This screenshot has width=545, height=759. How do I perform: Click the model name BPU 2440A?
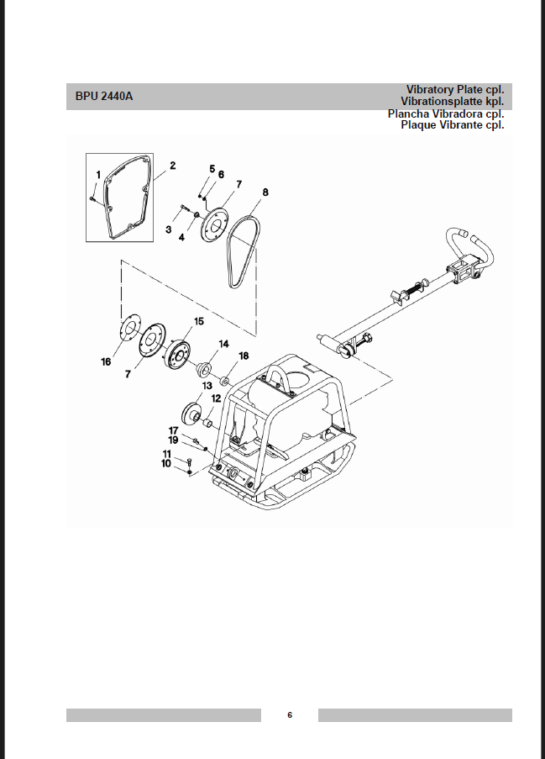coord(104,96)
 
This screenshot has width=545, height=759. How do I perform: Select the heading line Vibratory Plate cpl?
coord(455,90)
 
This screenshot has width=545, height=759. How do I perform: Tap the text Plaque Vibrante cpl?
coord(452,125)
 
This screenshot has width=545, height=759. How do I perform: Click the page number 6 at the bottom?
coord(290,715)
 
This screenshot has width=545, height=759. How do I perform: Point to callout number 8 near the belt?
coord(265,192)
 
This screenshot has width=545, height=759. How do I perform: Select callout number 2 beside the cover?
coord(173,166)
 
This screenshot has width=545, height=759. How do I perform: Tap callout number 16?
coord(106,361)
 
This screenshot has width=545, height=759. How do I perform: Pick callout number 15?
coord(199,321)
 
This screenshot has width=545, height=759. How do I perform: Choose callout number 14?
coord(223,344)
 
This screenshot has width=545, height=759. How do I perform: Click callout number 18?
coord(244,356)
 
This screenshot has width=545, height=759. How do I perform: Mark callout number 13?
coord(207,386)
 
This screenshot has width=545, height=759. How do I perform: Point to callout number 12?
coord(216,398)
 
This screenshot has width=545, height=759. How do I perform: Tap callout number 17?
coord(173,430)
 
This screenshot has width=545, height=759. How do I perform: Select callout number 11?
coord(167,454)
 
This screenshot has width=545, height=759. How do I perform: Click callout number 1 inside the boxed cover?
coord(98,175)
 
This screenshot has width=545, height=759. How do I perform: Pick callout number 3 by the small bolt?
coord(168,229)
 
